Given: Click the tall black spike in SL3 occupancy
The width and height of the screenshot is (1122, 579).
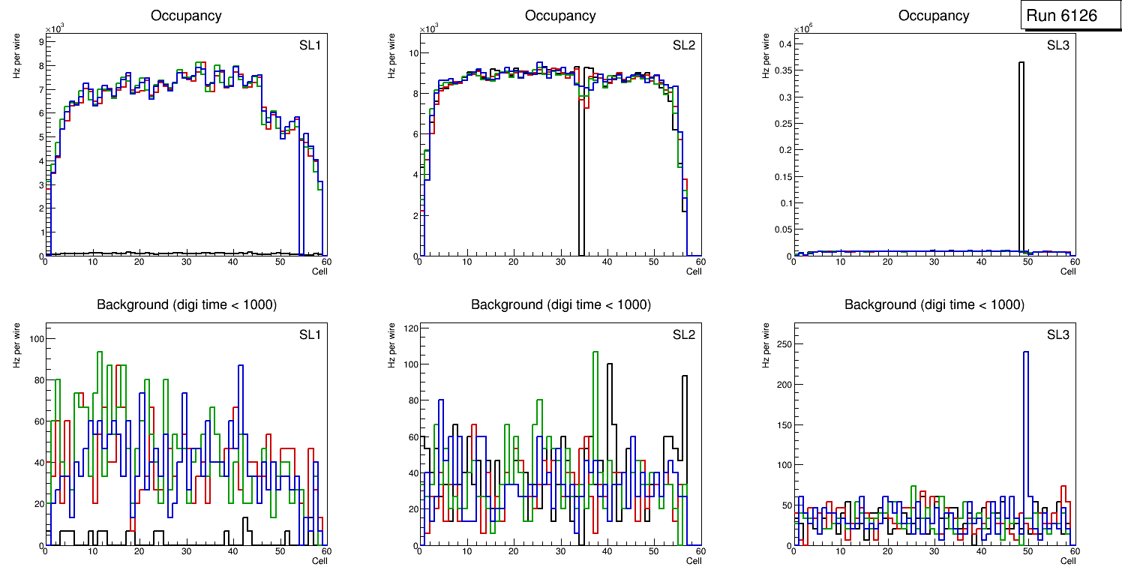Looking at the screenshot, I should (x=1021, y=150).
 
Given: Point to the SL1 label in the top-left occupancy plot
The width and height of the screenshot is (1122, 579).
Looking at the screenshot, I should (x=310, y=46).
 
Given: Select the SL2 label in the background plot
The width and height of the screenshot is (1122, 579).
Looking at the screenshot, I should (x=683, y=334).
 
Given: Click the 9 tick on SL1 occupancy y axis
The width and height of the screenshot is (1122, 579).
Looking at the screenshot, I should (x=40, y=42).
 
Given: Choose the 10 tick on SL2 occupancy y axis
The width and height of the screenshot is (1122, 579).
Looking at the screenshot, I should (x=412, y=53).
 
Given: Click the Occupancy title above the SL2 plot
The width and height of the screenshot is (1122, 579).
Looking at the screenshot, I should (x=560, y=16).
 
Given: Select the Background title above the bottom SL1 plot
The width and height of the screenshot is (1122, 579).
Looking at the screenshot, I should (x=186, y=304).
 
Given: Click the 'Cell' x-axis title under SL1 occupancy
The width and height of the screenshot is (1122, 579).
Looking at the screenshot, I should (x=319, y=271).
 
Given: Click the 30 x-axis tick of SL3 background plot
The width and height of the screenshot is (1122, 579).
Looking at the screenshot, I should (x=934, y=551).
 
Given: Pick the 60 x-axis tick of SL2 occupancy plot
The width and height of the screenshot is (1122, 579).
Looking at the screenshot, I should (x=700, y=262).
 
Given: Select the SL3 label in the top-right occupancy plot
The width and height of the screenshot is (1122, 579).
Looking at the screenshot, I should (x=1057, y=46).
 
